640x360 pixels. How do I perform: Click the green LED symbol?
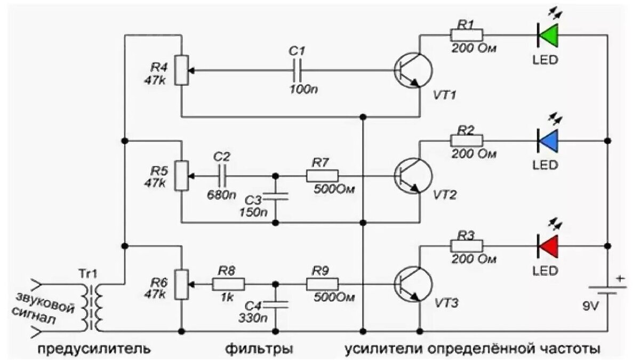pos(548,35)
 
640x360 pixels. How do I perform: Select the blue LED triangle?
pos(548,141)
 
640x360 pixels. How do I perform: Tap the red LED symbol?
pos(548,246)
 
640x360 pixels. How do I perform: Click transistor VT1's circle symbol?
pos(413,70)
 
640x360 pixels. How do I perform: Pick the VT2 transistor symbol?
pos(413,176)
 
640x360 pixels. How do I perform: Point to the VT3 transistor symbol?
pos(413,284)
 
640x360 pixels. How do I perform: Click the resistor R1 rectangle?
pos(467,35)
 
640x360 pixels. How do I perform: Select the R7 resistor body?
pos(323,176)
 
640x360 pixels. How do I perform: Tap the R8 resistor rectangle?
pos(228,284)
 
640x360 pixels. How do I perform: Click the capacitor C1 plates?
pos(297,70)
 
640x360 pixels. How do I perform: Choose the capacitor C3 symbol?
pos(275,196)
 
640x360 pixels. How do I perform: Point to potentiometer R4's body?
pos(182,70)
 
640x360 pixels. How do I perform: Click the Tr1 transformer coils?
pos(92,308)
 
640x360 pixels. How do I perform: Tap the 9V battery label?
pos(590,307)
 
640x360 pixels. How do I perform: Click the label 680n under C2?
pos(221,195)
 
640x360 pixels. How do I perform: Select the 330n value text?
pos(253,318)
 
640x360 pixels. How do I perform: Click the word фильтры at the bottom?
pos(259,349)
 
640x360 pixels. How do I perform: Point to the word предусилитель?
pos(94,349)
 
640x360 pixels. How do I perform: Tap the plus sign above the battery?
pos(620,278)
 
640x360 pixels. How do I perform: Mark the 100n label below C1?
pos(303,90)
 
